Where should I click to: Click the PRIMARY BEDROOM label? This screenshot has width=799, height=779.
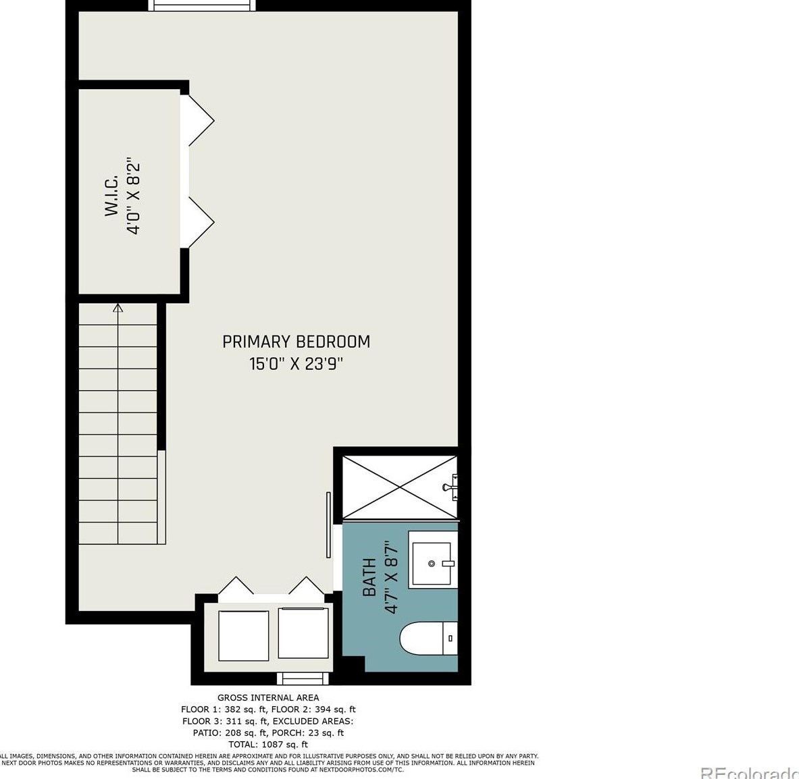296,342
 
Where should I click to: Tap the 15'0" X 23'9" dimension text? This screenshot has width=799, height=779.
296,364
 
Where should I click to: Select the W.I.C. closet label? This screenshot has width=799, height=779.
111,196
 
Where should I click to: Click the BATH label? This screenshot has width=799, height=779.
369,577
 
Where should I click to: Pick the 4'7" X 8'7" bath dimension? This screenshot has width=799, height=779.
392,576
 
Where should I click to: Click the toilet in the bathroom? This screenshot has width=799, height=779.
428,638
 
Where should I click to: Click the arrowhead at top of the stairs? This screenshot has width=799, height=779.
118,308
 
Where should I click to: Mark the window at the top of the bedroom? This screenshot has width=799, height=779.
203,5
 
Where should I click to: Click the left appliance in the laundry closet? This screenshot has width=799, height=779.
243,635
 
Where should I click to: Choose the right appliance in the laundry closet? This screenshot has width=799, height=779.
303,633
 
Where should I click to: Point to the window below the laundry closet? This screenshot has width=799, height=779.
303,678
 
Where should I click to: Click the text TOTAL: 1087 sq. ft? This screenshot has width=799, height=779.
268,745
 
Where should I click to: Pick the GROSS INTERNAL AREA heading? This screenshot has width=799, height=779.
268,697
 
